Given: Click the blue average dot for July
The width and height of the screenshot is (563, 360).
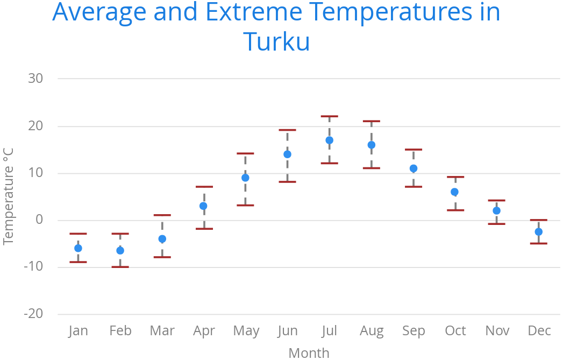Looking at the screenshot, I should pyautogui.click(x=329, y=140).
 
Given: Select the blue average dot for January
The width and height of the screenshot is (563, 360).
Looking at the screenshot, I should pyautogui.click(x=78, y=248).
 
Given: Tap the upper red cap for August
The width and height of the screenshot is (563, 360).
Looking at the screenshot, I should pyautogui.click(x=371, y=121).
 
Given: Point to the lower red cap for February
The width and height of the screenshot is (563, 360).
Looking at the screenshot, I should pyautogui.click(x=120, y=267).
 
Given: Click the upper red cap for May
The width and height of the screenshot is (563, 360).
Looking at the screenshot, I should pyautogui.click(x=245, y=153).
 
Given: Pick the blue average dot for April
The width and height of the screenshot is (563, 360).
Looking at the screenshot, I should pyautogui.click(x=203, y=206).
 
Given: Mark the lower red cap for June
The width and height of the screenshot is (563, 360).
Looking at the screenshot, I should pyautogui.click(x=287, y=182).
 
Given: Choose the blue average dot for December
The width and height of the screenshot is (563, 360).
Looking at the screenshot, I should pyautogui.click(x=538, y=232).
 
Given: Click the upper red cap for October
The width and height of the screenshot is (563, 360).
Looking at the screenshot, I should pyautogui.click(x=455, y=177).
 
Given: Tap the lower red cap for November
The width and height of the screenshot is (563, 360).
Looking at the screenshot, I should pyautogui.click(x=496, y=224).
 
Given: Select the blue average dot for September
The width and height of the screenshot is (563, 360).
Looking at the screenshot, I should pyautogui.click(x=413, y=168).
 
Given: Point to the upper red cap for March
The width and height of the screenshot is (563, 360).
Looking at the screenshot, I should pyautogui.click(x=162, y=215).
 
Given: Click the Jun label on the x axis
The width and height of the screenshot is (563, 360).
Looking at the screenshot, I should pyautogui.click(x=288, y=330).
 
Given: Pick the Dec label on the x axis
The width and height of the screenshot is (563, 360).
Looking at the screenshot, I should pyautogui.click(x=539, y=330).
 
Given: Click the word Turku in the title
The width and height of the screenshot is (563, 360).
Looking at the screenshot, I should pyautogui.click(x=276, y=41).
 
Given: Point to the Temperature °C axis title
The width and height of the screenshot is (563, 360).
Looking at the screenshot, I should pyautogui.click(x=8, y=196).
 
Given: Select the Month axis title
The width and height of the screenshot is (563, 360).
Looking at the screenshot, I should pyautogui.click(x=309, y=352).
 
